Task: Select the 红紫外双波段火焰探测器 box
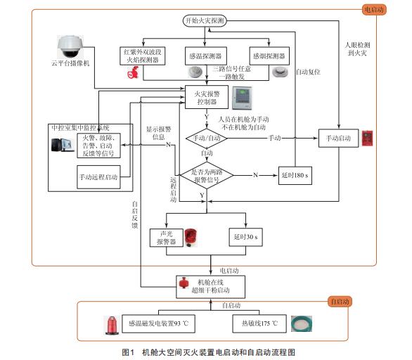pyautogui.click(x=142, y=56)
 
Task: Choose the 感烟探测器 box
pyautogui.click(x=269, y=56)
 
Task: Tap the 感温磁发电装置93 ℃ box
pyautogui.click(x=159, y=324)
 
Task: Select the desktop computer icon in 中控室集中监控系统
pyautogui.click(x=63, y=144)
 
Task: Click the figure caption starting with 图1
pyautogui.click(x=207, y=351)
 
